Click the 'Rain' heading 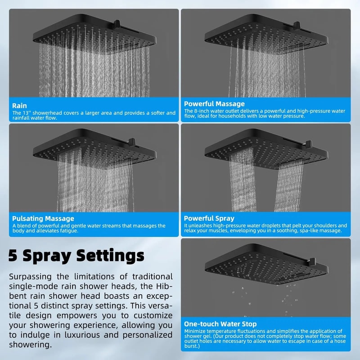19,106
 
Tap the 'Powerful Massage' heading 214,104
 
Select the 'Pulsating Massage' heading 43,219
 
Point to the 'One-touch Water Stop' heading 220,324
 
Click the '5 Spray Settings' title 76,256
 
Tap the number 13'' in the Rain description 33,113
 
